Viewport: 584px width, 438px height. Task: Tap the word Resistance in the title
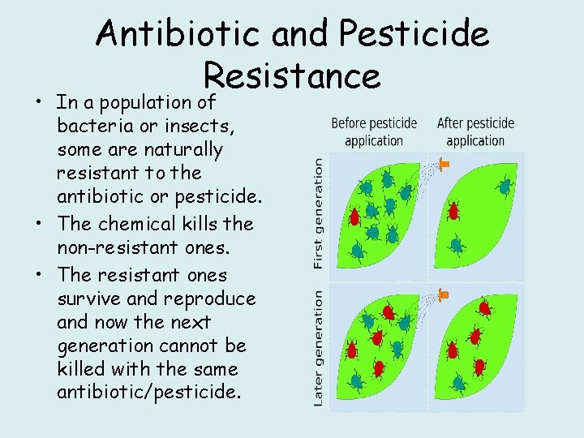coord(292,75)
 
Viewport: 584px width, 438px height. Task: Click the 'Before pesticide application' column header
coord(374,131)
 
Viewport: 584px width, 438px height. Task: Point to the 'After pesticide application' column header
coord(475,131)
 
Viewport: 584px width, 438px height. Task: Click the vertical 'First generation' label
coord(318,213)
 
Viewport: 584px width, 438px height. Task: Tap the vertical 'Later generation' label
coord(318,348)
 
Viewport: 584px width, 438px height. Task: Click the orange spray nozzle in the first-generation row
coord(443,165)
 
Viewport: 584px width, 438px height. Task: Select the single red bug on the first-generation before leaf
coord(354,217)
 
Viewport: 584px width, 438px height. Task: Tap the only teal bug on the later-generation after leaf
coord(459,382)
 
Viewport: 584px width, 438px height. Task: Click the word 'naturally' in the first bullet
coord(182,150)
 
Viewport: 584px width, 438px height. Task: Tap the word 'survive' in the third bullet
coord(86,298)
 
